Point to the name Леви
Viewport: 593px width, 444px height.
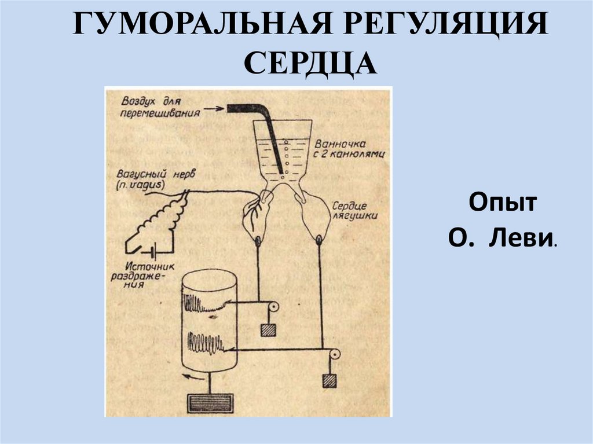pyautogui.click(x=522, y=238)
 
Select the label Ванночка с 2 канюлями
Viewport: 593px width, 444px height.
pyautogui.click(x=350, y=149)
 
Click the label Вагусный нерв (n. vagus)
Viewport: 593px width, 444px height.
pyautogui.click(x=142, y=179)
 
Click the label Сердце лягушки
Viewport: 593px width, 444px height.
pyautogui.click(x=354, y=210)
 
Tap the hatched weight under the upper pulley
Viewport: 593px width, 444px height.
pyautogui.click(x=268, y=330)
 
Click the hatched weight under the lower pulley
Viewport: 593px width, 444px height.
pyautogui.click(x=331, y=381)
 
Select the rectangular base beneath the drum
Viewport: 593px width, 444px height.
pyautogui.click(x=210, y=402)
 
